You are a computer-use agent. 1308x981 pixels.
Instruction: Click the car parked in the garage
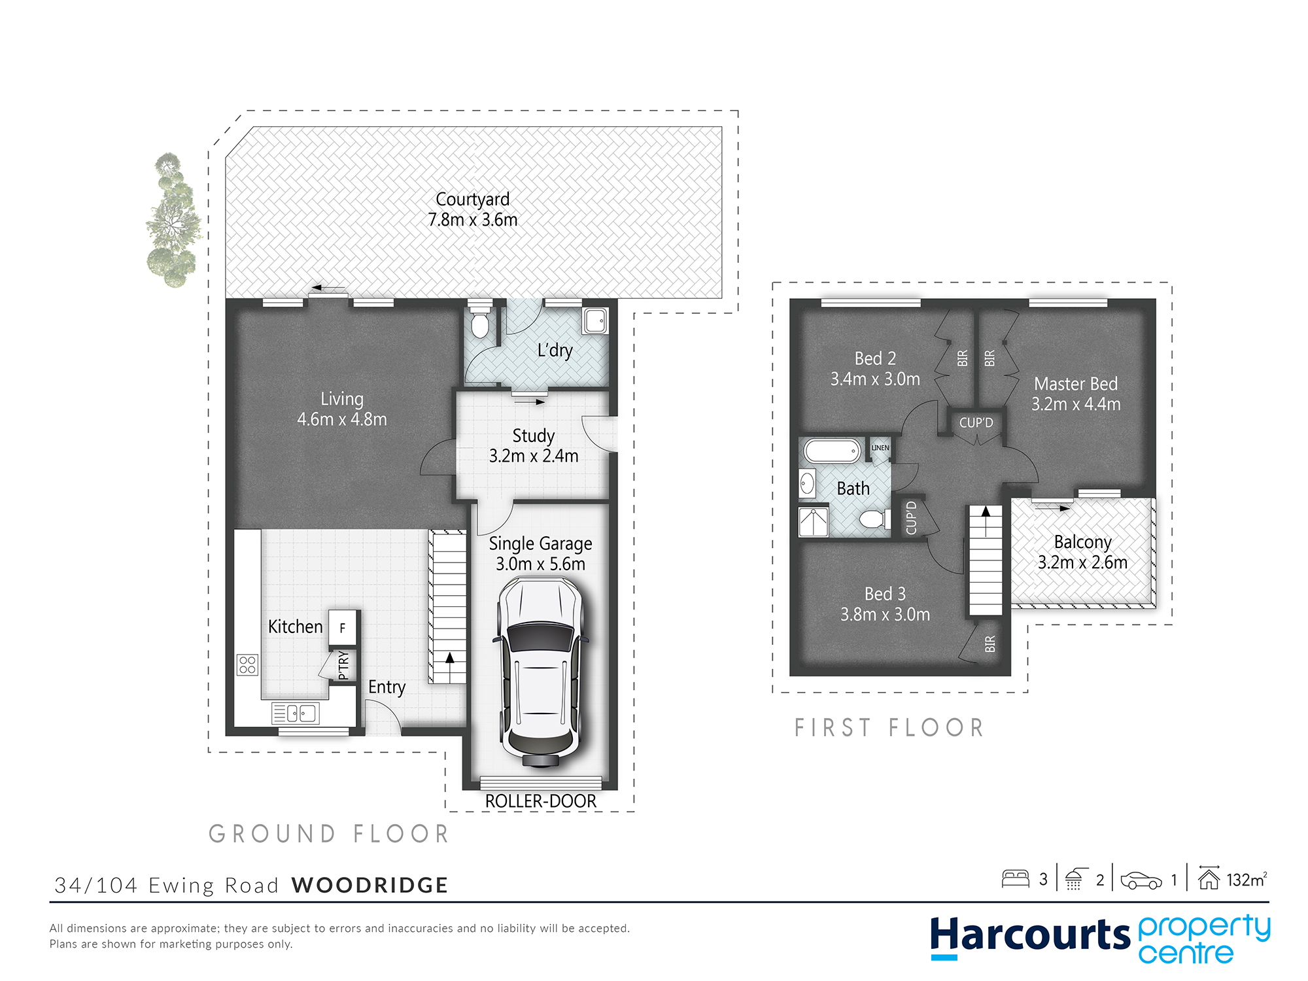click(x=540, y=671)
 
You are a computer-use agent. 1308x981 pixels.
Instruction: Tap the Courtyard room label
click(x=473, y=199)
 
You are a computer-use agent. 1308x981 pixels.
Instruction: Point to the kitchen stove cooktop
click(x=247, y=664)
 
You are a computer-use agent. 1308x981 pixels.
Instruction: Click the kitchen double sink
click(x=296, y=713)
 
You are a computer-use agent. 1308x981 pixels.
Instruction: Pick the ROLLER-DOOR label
click(x=541, y=801)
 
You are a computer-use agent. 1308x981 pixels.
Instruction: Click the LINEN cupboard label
click(x=880, y=448)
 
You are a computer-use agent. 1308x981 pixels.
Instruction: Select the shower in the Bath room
click(x=814, y=522)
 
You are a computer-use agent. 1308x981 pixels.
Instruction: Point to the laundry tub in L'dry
click(x=596, y=320)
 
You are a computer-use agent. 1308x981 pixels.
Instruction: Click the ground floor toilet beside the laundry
click(x=480, y=318)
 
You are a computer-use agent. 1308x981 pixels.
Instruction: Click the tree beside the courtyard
click(x=172, y=220)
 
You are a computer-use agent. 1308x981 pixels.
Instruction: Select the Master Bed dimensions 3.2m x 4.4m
click(x=1076, y=405)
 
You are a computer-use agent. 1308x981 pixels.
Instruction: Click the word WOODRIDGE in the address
click(x=370, y=886)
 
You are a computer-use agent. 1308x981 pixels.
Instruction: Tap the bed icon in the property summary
click(x=1016, y=878)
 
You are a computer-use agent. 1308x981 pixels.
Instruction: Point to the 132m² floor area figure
click(x=1247, y=880)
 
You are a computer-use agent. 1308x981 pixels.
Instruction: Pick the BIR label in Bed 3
click(x=990, y=644)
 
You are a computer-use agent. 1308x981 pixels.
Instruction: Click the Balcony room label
click(x=1082, y=542)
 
